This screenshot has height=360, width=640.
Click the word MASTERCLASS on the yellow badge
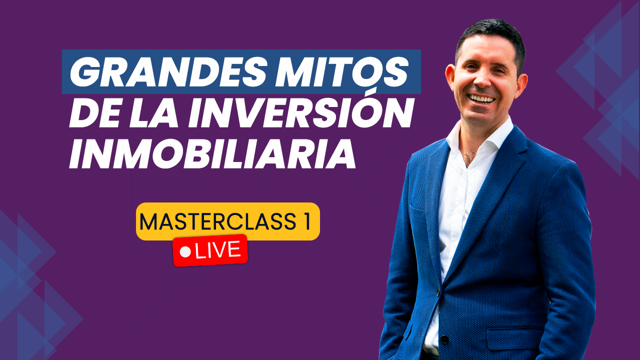tap(217, 221)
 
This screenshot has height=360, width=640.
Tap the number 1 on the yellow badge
tap(307, 221)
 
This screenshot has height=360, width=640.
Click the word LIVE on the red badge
tap(217, 250)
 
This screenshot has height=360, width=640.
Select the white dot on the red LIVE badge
tap(185, 252)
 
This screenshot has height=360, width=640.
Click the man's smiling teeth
tap(482, 99)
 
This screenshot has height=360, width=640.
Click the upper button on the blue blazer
tap(438, 292)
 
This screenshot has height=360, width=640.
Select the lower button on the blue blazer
tap(443, 339)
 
